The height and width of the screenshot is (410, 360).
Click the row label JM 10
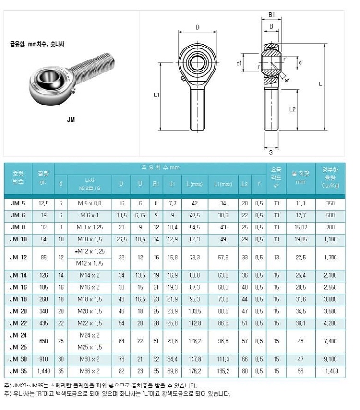coord(18,238)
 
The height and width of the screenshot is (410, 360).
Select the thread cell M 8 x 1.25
coord(90,226)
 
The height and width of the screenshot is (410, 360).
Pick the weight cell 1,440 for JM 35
coord(43,371)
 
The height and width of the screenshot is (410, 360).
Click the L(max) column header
coord(194,184)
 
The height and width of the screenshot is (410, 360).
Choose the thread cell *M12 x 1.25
coord(90,251)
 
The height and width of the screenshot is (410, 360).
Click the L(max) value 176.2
coord(194,371)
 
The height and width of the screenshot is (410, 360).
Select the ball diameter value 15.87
coord(300,226)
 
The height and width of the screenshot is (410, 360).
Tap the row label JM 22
coord(18,323)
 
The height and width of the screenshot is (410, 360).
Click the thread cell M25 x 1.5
coord(90,347)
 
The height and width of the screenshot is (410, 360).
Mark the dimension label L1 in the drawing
coord(156,95)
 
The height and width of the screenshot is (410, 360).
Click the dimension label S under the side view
coord(271,152)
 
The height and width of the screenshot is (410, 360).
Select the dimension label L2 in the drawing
coord(293,109)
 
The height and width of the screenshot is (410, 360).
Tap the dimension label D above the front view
coord(198,27)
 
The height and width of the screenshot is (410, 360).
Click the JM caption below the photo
coord(71,120)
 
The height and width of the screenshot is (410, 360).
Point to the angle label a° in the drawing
coord(287,80)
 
